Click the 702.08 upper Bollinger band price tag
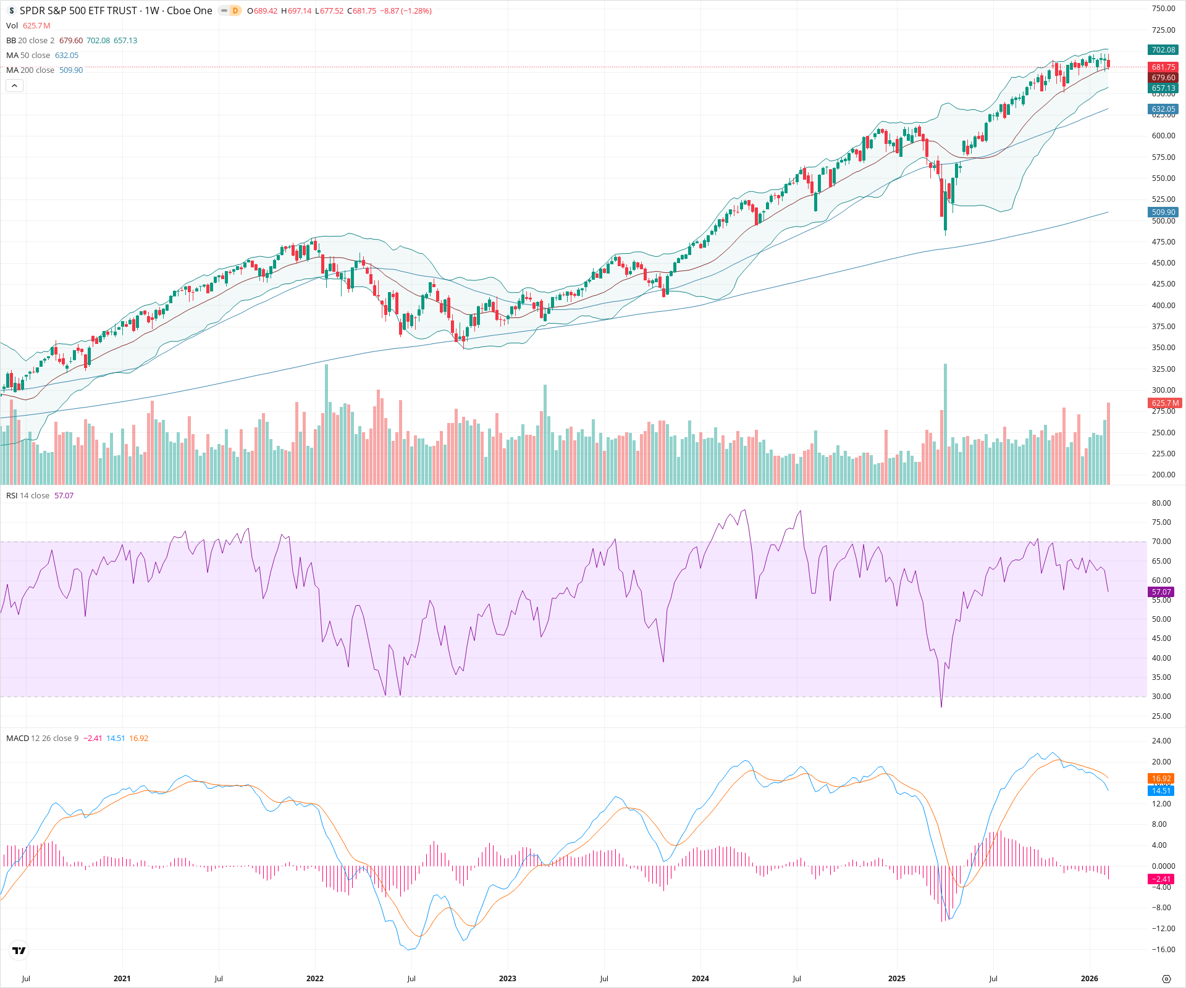point(1163,50)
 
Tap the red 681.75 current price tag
point(1163,67)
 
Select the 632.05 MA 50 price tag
point(1163,109)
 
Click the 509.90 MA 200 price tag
point(1163,212)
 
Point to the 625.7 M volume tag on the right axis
point(1164,403)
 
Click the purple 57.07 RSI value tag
point(1161,592)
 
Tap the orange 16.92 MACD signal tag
point(1161,779)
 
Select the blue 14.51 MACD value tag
point(1161,791)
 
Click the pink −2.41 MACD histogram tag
point(1161,879)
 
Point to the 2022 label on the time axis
point(315,979)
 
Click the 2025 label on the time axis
point(896,979)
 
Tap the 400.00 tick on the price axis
point(1163,306)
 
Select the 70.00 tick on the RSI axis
point(1161,542)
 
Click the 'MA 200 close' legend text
point(30,70)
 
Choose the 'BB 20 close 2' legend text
point(30,41)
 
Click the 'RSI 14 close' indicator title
point(28,496)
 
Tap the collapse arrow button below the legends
point(14,86)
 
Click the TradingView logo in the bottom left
point(19,950)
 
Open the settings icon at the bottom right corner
point(1166,979)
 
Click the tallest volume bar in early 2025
point(945,426)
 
